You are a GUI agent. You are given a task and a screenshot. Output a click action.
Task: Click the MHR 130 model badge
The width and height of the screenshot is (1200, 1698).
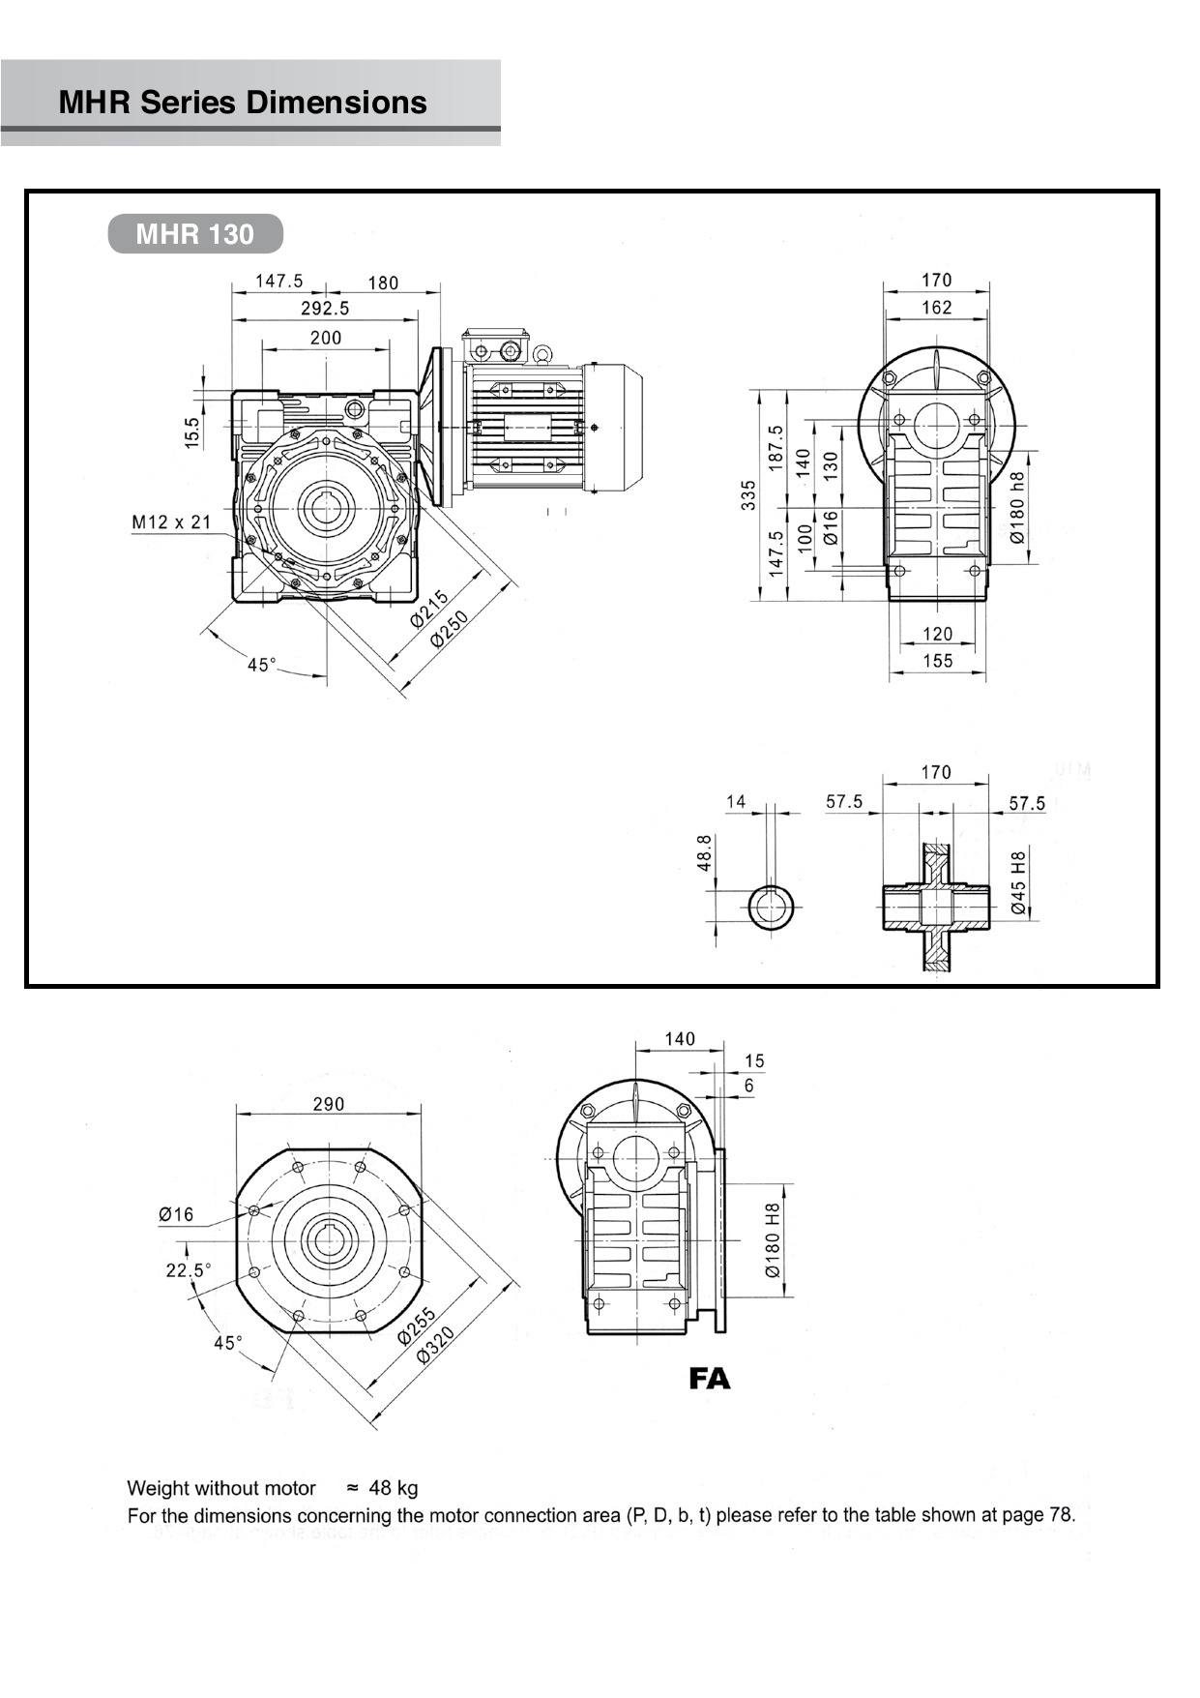(194, 234)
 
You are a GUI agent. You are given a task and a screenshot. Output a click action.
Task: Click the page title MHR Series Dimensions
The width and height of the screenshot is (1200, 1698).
(242, 103)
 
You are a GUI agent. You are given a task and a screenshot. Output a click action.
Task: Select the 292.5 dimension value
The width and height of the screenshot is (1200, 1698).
(325, 309)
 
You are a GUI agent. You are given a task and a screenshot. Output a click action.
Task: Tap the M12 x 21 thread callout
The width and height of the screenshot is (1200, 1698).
(171, 522)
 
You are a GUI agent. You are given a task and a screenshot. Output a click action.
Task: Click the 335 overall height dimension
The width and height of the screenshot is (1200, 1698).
(748, 495)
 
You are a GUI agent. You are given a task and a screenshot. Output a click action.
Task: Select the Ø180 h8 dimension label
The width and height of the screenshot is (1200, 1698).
(1016, 507)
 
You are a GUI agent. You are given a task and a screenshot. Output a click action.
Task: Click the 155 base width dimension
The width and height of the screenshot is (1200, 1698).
(937, 661)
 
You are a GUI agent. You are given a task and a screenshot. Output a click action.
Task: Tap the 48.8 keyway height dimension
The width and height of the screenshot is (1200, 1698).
(705, 853)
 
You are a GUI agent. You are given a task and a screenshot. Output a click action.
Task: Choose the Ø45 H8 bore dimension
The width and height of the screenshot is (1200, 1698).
(1018, 882)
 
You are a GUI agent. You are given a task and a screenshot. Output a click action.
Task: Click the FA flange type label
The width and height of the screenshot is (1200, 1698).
(709, 1379)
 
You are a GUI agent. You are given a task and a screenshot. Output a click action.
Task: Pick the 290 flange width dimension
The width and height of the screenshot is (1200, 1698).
(328, 1104)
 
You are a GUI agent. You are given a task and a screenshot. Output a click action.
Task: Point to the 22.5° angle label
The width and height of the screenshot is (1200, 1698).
(188, 1270)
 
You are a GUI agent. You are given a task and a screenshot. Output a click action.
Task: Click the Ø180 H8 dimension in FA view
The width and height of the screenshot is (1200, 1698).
(772, 1241)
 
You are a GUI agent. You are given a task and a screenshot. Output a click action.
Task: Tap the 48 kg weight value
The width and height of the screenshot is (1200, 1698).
(394, 1488)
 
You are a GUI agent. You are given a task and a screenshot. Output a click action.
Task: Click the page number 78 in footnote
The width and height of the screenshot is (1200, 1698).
(1061, 1515)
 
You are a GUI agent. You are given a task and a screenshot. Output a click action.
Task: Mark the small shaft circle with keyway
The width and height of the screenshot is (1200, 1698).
(771, 908)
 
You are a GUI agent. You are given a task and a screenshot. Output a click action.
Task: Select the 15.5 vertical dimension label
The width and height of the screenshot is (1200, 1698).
(191, 431)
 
